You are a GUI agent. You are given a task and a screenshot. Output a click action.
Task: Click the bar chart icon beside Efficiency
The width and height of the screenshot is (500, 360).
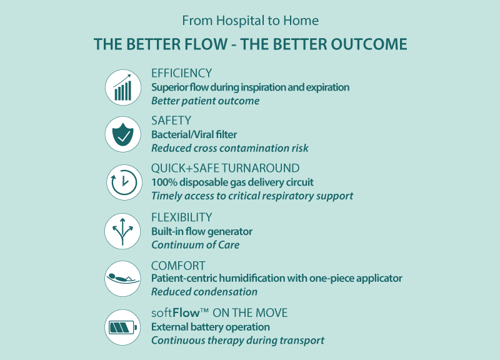coord(122,87)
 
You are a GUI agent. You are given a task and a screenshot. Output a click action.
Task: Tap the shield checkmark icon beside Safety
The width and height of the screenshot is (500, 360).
coord(122,134)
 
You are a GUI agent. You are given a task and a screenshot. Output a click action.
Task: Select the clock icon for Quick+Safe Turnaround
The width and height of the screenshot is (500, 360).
coord(122,182)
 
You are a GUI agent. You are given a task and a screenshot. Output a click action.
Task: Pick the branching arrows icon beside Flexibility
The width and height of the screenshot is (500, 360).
coord(122,231)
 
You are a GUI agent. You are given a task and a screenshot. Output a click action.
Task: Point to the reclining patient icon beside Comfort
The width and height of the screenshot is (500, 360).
coord(122,278)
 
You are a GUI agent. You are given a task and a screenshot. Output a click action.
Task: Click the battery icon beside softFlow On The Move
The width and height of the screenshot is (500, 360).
coord(122,327)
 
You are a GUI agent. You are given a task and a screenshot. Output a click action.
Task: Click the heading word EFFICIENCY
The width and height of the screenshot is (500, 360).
coord(181,73)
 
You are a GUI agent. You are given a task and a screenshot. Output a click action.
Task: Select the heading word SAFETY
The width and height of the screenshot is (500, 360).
coord(171,120)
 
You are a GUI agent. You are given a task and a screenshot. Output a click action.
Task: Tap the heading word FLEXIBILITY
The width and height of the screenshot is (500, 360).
coord(182,217)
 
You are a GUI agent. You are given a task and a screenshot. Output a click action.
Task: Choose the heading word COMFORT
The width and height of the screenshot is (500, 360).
coord(178,266)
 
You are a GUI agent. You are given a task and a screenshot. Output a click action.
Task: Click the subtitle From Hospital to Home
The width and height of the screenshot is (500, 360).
coord(250,21)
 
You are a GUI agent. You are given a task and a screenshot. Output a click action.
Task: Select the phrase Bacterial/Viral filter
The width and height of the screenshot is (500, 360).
coord(194,134)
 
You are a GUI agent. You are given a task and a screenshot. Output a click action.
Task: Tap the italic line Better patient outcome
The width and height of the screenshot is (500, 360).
coord(205,101)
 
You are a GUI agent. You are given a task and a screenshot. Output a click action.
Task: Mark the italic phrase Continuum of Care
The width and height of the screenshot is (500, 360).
coord(195,244)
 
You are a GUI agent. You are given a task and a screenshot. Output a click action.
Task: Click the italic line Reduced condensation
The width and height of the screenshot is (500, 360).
coord(204,292)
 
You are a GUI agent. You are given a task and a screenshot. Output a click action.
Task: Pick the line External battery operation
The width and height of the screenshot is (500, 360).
coord(211,327)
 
